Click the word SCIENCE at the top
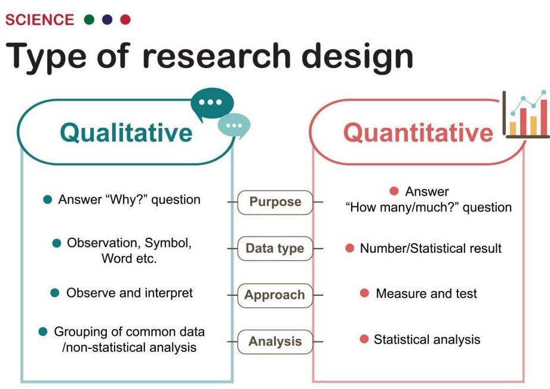coord(39,20)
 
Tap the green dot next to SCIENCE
coord(90,20)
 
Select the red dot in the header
coord(125,20)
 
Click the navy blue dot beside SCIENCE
coord(107,20)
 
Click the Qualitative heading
coord(127,132)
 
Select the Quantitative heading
coord(418,132)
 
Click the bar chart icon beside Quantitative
coord(526,115)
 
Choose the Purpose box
coord(275,202)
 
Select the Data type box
coord(275,249)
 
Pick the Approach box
coord(275,295)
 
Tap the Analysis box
coord(275,342)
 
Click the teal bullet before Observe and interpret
coord(55,293)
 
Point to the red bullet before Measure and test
coord(364,293)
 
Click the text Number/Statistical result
coord(431,248)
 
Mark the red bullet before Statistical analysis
coord(364,339)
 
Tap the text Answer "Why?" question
coord(129,200)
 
